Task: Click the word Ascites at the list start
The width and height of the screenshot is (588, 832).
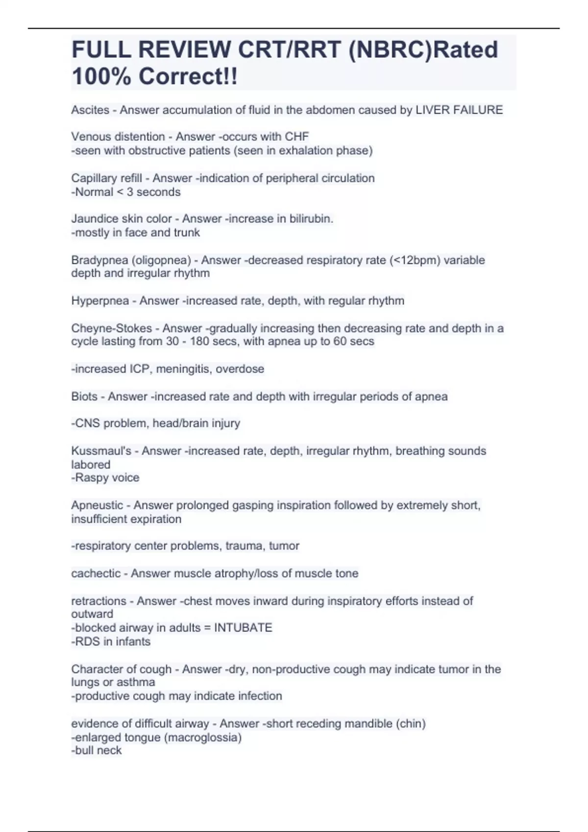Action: coord(90,110)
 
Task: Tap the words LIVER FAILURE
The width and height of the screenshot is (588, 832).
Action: coord(459,110)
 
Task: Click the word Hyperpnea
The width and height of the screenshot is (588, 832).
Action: coord(100,300)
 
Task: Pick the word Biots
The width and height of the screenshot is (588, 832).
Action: coord(84,396)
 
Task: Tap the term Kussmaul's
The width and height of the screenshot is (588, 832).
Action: coord(101,451)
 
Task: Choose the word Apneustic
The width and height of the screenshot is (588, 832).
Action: coord(97,505)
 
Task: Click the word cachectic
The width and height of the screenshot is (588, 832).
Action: coord(96,573)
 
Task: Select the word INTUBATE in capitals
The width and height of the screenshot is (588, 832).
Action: coord(243,627)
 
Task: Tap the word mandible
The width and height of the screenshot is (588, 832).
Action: coord(370,723)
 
